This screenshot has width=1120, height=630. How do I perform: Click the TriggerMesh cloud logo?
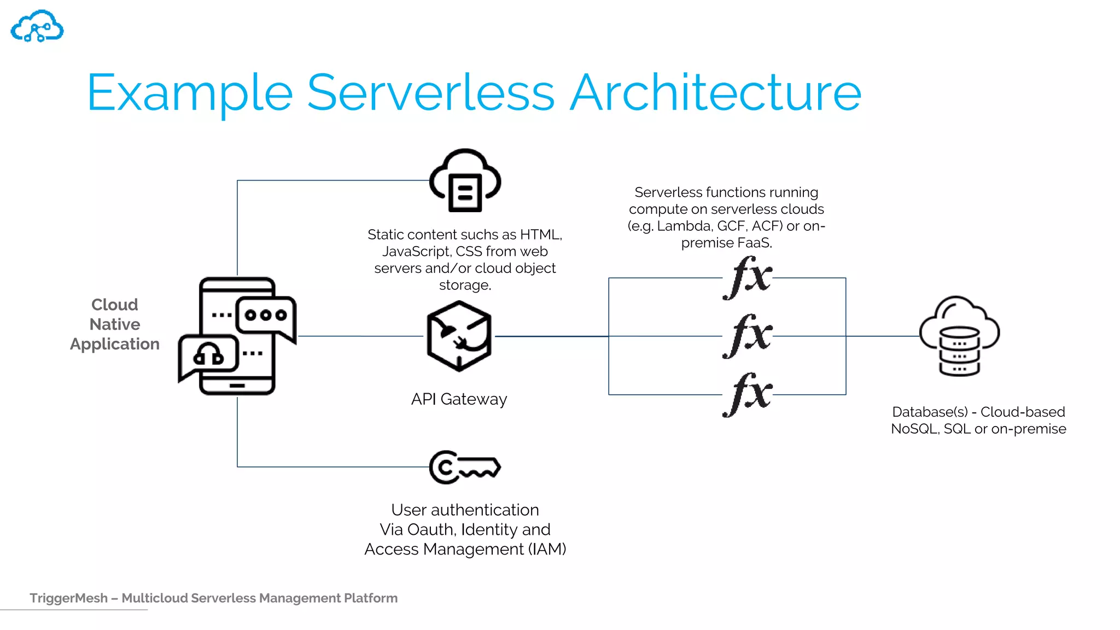(37, 26)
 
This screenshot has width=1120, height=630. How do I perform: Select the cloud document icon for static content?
(465, 180)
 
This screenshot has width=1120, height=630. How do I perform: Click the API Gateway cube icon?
(459, 336)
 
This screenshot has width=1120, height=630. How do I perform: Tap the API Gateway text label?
(459, 399)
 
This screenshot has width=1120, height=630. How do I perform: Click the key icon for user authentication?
(465, 467)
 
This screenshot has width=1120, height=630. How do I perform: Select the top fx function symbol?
(747, 278)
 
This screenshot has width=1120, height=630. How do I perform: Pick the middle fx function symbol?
(747, 336)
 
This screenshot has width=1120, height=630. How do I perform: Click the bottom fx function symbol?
(747, 394)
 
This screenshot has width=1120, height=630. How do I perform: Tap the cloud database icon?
(959, 336)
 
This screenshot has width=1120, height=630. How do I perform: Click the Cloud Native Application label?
(115, 324)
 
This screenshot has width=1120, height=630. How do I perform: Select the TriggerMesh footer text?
(213, 598)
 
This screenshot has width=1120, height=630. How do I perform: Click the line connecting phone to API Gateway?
(361, 336)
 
